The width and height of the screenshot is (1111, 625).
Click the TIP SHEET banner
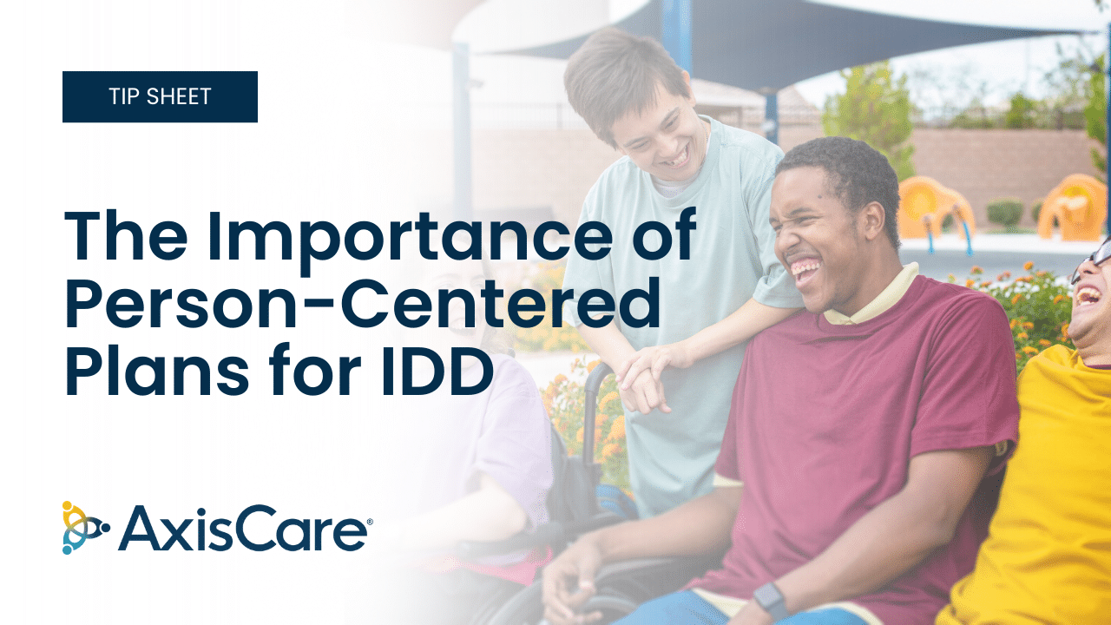160,96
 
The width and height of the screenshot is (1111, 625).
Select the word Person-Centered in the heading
362,304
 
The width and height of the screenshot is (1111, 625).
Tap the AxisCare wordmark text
242,529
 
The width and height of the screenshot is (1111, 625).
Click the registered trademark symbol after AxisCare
370,522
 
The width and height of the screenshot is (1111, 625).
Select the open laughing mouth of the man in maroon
805,269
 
